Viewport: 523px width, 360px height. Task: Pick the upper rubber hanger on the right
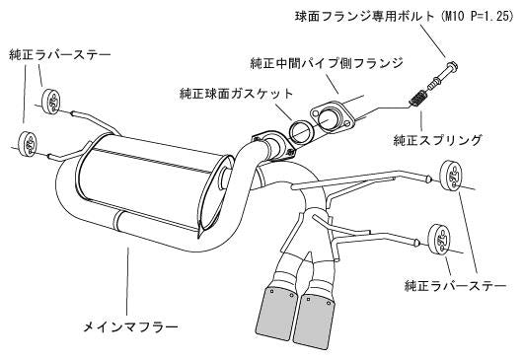(x=449, y=180)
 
